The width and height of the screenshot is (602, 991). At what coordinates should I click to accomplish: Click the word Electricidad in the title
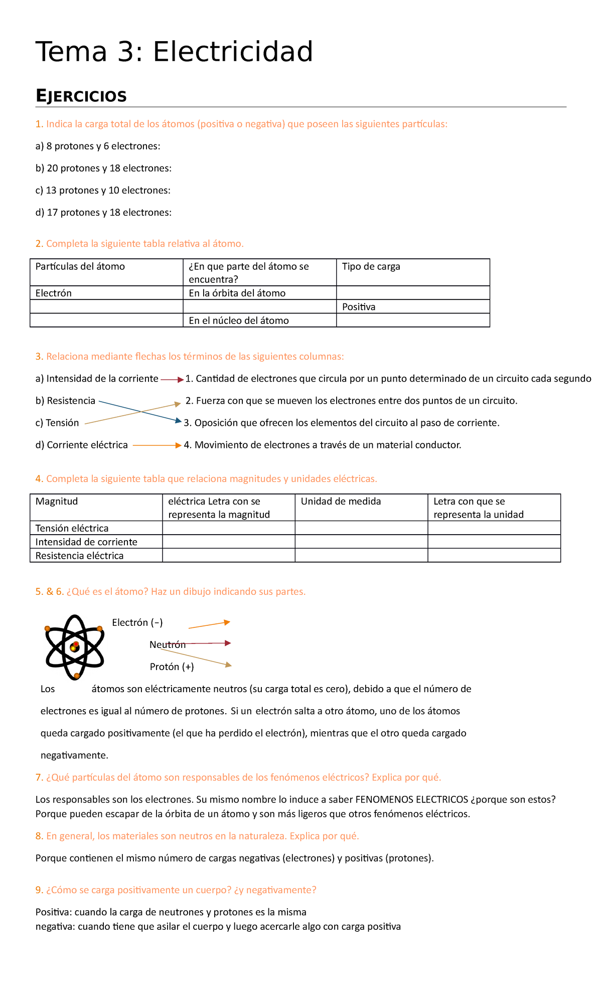233,52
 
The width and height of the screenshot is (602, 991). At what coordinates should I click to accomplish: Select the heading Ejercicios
81,96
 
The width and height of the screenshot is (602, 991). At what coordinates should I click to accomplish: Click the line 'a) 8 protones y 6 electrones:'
98,146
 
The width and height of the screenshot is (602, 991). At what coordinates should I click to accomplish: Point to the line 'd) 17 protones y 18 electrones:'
103,212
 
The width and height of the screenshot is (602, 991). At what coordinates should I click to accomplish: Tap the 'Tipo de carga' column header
371,266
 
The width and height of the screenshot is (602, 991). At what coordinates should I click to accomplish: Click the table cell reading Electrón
53,293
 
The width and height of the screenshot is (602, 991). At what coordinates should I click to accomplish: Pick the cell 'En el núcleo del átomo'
238,320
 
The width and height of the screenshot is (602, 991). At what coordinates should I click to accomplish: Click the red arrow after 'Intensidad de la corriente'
172,380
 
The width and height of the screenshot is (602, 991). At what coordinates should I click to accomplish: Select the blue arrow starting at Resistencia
139,411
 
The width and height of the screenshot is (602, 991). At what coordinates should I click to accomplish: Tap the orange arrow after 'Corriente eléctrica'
156,445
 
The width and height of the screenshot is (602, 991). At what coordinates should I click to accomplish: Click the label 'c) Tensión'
57,423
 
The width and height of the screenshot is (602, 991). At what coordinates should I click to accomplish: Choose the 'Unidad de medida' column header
341,501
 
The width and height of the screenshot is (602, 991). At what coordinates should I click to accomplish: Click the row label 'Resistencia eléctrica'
79,555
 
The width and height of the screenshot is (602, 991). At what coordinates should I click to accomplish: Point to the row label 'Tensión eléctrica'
72,528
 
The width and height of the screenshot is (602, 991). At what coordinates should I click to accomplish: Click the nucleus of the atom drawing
75,647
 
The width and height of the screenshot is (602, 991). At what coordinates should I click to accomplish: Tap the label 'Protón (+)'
172,667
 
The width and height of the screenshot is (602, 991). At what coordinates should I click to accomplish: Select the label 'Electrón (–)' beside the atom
137,622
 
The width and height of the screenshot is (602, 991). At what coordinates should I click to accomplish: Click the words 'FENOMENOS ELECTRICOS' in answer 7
411,799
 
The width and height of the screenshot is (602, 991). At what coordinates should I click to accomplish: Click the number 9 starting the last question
39,890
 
